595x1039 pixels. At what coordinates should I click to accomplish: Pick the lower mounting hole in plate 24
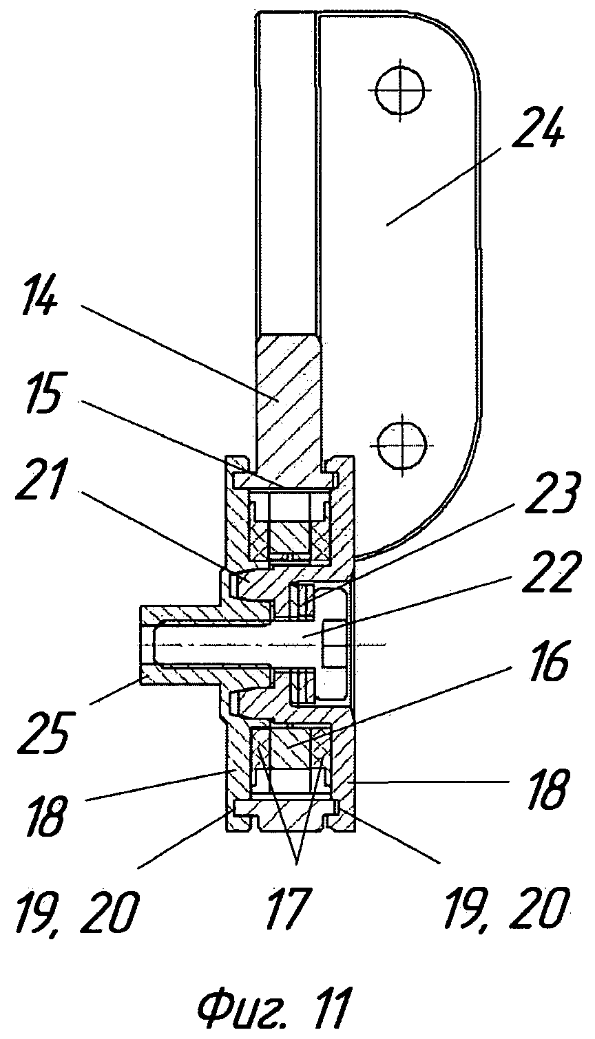401,438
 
